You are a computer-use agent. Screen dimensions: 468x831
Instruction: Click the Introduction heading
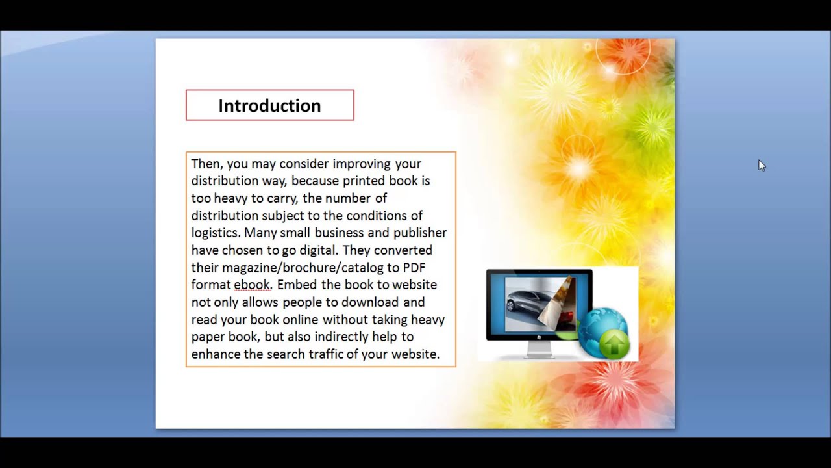pos(269,106)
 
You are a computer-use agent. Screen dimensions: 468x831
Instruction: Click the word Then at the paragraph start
pos(206,164)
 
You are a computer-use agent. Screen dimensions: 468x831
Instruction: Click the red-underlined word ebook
pos(252,285)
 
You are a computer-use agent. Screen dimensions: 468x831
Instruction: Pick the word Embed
pos(297,285)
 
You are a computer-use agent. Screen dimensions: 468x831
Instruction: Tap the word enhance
pos(216,354)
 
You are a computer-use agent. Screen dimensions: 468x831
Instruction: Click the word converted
pos(403,250)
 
